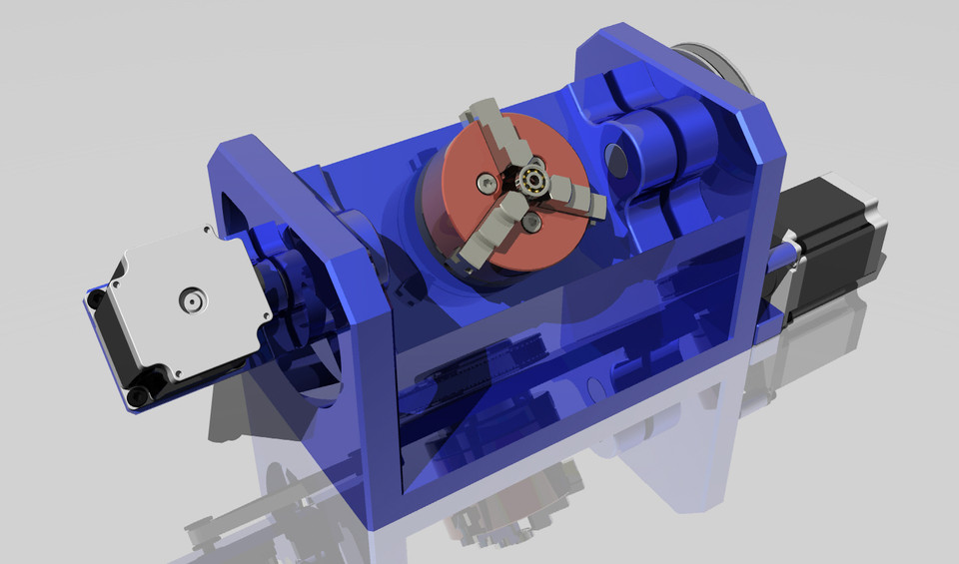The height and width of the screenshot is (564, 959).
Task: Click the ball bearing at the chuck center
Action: [528, 183]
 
